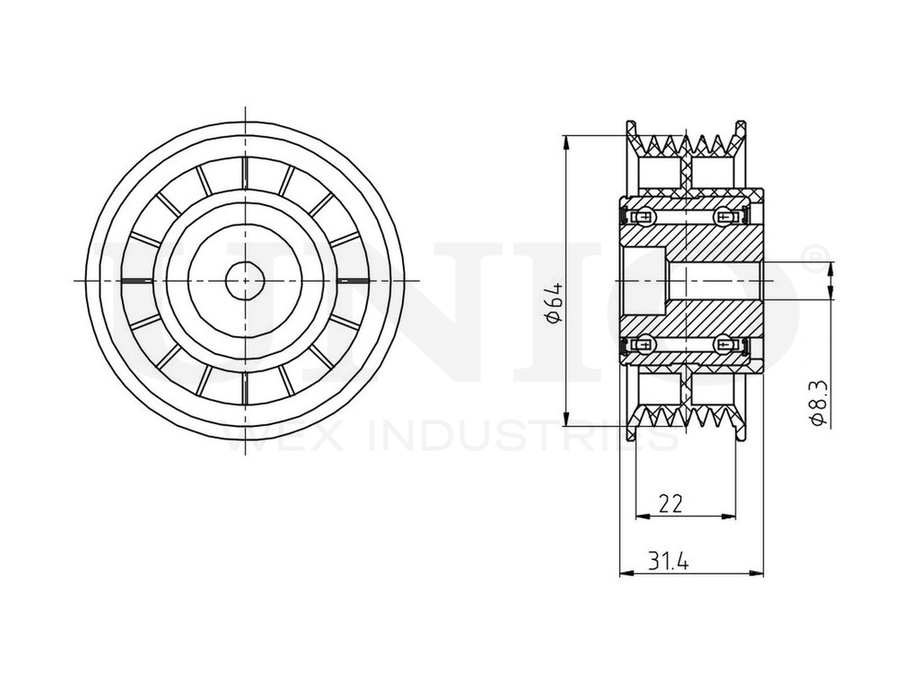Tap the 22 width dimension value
[671, 504]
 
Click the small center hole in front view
[245, 280]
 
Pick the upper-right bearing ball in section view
[724, 217]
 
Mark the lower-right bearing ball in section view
[724, 344]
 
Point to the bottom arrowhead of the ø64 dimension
[565, 417]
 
